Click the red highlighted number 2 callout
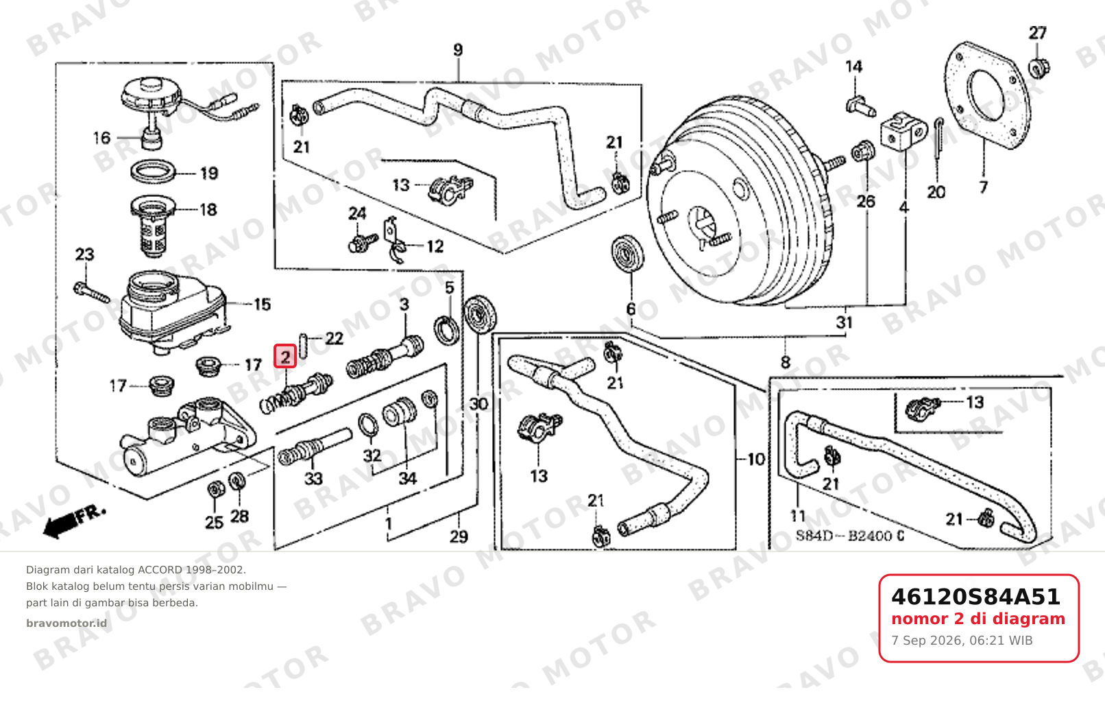(285, 356)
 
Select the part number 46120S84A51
(975, 597)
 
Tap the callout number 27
(1037, 33)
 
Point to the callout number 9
(458, 50)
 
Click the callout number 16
(101, 138)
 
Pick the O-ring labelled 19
(154, 171)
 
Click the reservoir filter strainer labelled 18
(153, 226)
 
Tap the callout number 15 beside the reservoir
(263, 305)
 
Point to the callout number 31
(845, 323)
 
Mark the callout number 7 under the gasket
(983, 187)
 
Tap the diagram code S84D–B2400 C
(850, 536)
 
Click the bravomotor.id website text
(66, 623)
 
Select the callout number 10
(756, 460)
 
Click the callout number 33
(313, 478)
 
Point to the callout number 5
(450, 287)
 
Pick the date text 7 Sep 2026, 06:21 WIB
(962, 641)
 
